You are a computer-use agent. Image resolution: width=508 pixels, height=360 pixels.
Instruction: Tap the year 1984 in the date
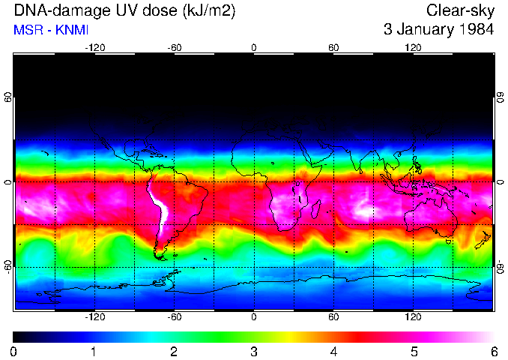475,30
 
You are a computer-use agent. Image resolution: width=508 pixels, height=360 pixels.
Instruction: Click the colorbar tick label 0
13,351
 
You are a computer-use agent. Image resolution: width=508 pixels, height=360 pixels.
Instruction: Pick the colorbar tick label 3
253,351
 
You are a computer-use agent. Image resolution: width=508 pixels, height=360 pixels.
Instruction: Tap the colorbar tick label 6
493,351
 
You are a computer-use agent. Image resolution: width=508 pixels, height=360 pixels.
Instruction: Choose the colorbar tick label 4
333,351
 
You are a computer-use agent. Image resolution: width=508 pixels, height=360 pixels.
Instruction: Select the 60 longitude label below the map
333,316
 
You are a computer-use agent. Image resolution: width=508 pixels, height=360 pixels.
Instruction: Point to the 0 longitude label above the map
254,48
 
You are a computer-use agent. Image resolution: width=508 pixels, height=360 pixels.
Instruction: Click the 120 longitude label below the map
413,316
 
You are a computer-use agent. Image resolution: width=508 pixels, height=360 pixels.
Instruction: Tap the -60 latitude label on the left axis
7,266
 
